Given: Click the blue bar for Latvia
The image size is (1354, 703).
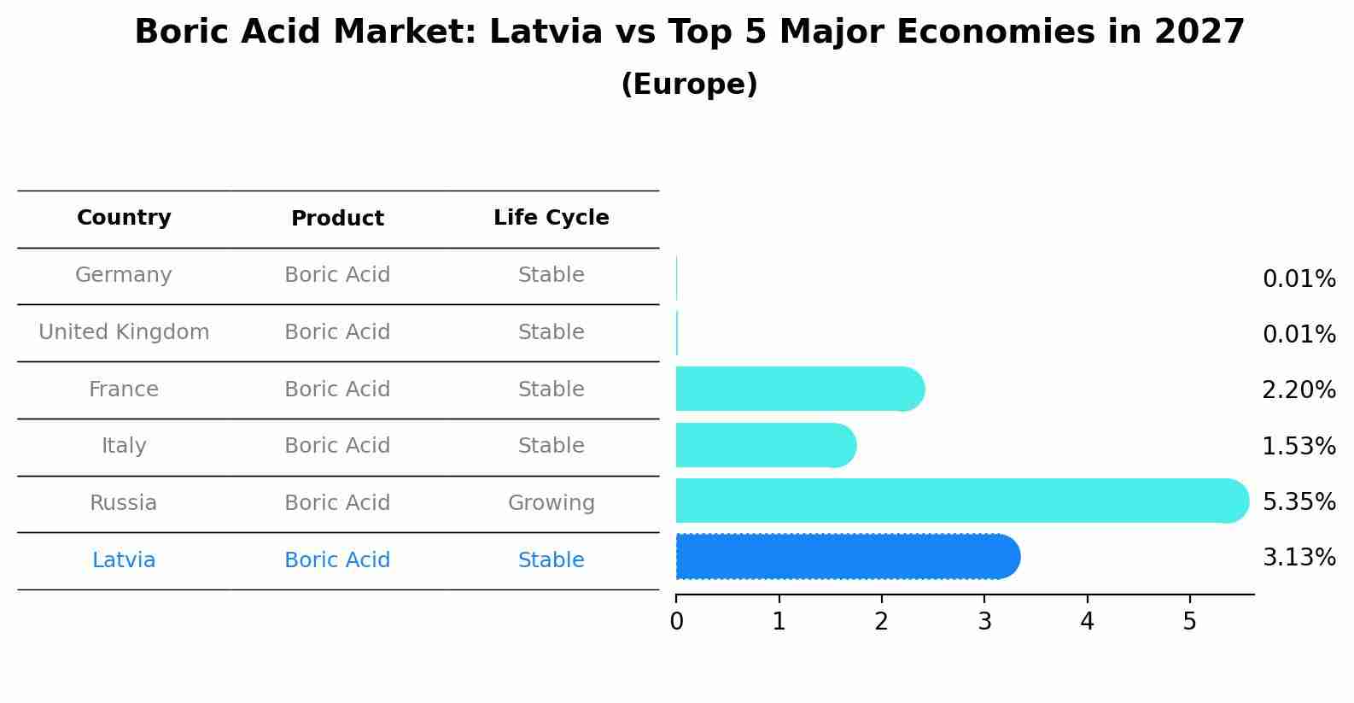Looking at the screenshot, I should click(x=845, y=557).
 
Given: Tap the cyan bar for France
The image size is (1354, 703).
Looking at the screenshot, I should click(x=798, y=390).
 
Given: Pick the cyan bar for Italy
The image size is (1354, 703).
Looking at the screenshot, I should click(x=764, y=445).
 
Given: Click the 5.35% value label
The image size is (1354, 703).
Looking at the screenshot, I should click(x=1299, y=501).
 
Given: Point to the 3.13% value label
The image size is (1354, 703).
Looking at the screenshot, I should click(x=1299, y=558).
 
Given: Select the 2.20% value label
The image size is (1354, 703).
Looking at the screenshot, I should click(x=1299, y=390).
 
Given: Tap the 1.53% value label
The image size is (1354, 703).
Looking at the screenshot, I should click(x=1299, y=446).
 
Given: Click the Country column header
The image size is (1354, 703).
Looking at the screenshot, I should click(x=124, y=218).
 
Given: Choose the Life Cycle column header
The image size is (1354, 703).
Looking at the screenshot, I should click(x=551, y=218).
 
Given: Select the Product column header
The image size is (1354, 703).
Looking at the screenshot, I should click(x=337, y=219).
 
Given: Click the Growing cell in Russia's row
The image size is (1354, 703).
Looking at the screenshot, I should click(x=551, y=503).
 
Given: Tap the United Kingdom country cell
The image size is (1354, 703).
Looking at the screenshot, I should click(x=124, y=332).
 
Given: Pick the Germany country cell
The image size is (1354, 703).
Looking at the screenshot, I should click(x=124, y=275).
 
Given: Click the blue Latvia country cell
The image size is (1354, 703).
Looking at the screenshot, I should click(x=124, y=560).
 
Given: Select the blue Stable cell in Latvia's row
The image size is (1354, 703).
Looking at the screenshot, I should click(x=551, y=560).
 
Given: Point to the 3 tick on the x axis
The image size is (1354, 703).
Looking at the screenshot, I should click(x=984, y=622).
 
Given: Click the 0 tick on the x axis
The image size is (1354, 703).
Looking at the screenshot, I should click(x=676, y=622).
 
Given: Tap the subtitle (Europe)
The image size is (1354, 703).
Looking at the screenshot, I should click(x=689, y=85).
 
